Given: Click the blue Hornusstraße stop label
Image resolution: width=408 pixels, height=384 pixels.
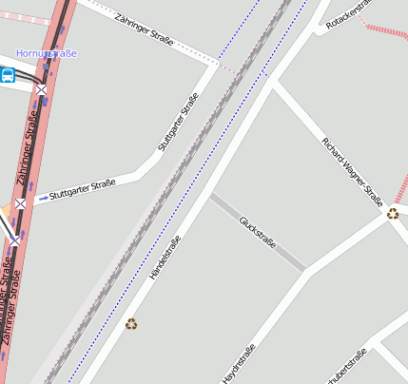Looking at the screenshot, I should (x=46, y=54).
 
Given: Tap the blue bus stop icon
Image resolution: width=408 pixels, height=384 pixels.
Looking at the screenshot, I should (x=8, y=76).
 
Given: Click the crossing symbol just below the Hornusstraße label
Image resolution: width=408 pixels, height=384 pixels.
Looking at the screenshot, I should (x=41, y=89).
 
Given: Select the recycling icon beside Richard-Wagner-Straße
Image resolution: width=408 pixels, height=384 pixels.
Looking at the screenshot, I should (x=393, y=213).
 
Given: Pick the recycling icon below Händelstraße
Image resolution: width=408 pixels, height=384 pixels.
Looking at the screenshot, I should (x=131, y=324).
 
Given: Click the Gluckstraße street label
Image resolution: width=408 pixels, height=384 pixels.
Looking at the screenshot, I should (x=257, y=232).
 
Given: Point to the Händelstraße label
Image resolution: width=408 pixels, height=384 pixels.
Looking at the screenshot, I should (x=165, y=257).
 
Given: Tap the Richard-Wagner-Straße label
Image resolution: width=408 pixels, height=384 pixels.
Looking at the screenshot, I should (x=352, y=171).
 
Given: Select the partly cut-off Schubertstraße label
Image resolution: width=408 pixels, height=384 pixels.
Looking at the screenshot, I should (x=344, y=369).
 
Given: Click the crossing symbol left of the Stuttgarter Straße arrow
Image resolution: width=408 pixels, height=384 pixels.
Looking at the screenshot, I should (x=20, y=203).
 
